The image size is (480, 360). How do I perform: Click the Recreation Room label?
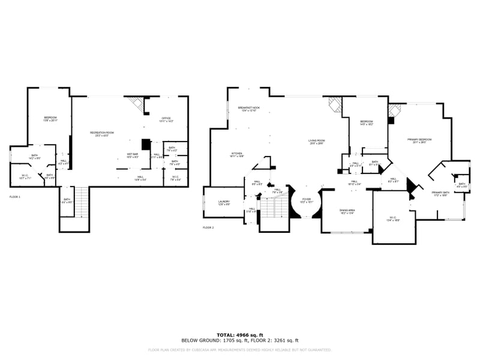(x=102, y=133)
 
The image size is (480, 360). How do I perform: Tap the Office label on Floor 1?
(x=167, y=119)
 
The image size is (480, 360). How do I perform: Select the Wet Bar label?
(x=132, y=155)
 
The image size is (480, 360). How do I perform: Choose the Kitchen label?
(x=237, y=154)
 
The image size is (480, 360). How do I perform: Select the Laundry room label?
(x=224, y=203)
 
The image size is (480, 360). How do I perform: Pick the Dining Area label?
(x=347, y=211)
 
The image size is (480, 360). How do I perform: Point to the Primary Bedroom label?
(x=422, y=140)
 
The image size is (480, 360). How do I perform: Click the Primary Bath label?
(x=440, y=193)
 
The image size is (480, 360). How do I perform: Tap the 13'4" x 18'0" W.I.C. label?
(x=393, y=219)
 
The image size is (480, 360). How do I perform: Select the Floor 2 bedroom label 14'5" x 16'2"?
(x=366, y=122)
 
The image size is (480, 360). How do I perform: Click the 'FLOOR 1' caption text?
(x=15, y=197)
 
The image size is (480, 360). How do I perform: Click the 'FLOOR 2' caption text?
(x=208, y=228)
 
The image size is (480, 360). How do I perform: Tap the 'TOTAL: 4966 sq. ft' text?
(x=240, y=335)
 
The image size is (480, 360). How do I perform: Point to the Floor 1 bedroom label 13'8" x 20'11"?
(x=50, y=118)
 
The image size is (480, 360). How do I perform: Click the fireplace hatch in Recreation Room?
(x=137, y=104)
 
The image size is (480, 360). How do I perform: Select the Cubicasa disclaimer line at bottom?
(x=240, y=350)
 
